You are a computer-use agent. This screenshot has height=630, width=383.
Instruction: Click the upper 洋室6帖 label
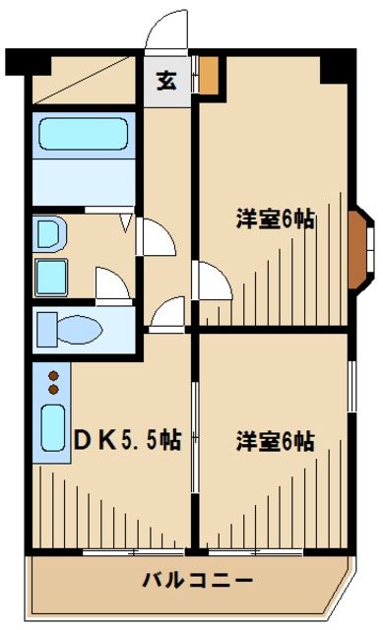pos(275,220)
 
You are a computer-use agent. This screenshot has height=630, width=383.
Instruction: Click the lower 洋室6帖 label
pos(275,440)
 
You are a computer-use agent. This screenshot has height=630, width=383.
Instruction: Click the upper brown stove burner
pos(54,374)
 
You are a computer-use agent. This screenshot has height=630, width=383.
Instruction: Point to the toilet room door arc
pos(112,285)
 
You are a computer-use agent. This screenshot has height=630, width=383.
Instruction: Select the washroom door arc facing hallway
pos(154,237)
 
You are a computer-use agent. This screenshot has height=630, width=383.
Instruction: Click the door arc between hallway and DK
pos(169,312)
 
